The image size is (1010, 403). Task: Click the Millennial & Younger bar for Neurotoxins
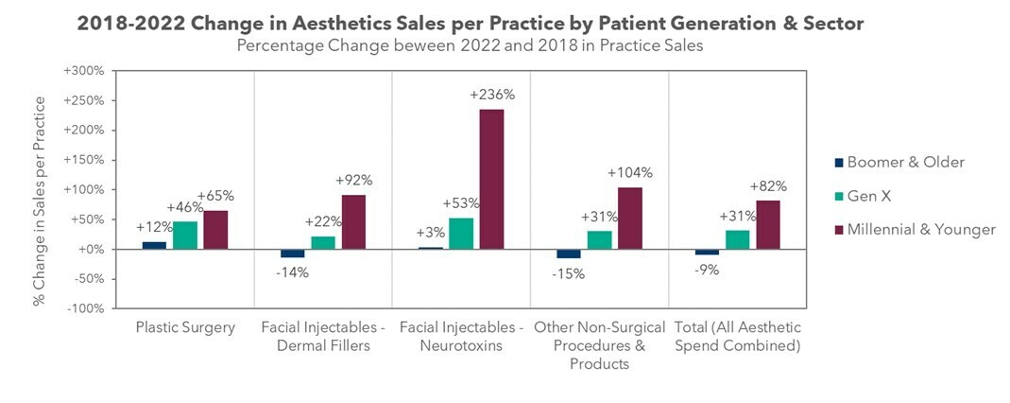[x=490, y=179]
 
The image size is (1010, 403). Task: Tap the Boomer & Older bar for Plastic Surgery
[x=155, y=245]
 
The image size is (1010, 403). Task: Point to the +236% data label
[x=491, y=95]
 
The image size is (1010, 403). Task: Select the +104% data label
[x=629, y=173]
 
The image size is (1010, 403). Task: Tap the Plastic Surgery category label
[x=185, y=328]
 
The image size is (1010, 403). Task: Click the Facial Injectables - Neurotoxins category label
[x=461, y=337]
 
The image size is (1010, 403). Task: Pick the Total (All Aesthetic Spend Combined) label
[x=737, y=337]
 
